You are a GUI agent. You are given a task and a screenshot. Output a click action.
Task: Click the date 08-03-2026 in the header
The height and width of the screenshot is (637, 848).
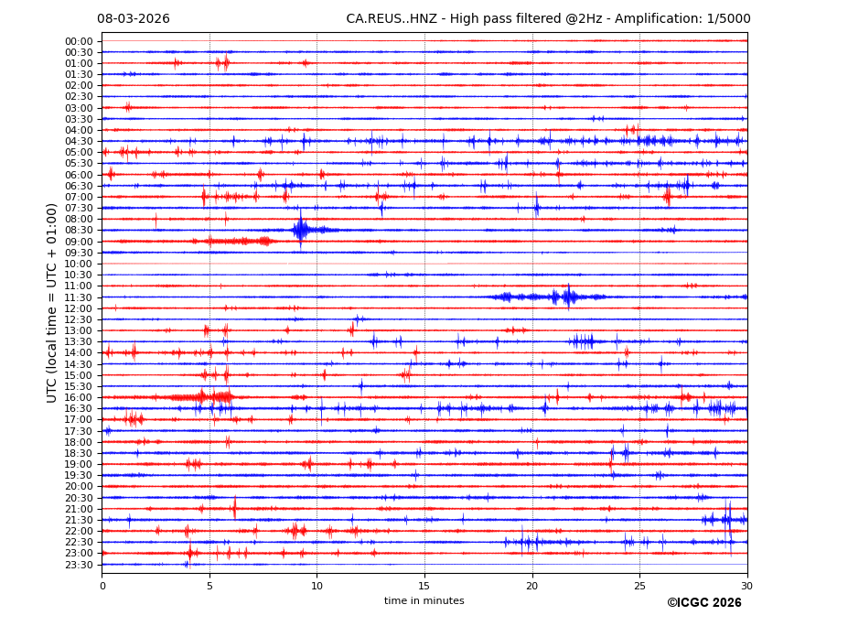[134, 19]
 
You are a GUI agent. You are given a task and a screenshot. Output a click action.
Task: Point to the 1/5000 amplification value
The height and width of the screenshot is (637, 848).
[728, 19]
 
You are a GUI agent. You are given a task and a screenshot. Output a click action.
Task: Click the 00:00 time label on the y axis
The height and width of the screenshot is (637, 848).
[79, 41]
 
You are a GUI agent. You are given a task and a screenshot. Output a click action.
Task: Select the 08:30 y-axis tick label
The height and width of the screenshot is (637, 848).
[79, 231]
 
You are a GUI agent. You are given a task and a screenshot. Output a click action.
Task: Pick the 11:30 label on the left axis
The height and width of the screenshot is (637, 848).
[79, 297]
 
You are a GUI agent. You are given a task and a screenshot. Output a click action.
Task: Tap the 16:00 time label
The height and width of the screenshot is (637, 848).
[79, 397]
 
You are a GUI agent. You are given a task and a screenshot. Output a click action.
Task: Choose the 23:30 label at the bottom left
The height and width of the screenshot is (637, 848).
[79, 565]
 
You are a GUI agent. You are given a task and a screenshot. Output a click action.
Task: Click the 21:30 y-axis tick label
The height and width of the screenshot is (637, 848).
[79, 520]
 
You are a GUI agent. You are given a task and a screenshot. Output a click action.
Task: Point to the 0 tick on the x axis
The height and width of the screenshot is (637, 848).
[102, 586]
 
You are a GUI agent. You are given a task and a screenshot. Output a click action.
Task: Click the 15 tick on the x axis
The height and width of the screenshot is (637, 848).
[424, 586]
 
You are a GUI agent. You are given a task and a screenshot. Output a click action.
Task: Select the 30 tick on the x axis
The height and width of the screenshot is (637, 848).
[746, 586]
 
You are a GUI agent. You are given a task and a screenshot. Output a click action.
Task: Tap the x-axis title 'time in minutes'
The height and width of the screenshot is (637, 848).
[424, 601]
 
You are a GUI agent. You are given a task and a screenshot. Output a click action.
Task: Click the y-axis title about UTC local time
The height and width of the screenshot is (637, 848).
[52, 302]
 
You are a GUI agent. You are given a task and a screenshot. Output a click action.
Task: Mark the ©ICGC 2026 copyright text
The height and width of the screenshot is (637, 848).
[703, 603]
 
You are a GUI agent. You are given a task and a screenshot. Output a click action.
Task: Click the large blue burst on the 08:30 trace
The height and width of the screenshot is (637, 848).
[301, 230]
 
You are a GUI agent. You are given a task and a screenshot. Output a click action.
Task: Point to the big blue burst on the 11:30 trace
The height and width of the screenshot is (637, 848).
[568, 297]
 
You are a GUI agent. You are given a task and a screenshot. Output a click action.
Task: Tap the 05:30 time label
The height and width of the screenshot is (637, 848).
[79, 164]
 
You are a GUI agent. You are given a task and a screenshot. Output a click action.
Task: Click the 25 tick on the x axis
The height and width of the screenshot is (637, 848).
[639, 586]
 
